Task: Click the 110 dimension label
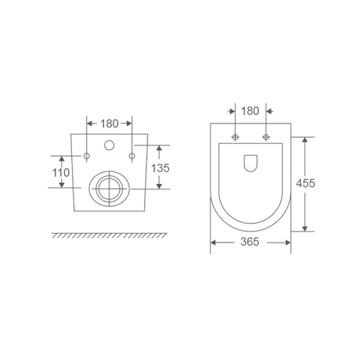point(61,173)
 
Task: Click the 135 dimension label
point(160,168)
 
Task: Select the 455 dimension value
point(306,183)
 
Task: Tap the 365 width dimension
point(250,242)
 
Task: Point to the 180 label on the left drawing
point(109,124)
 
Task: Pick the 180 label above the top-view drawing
point(250,111)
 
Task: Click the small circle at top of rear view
point(109,145)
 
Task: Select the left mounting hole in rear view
point(86,156)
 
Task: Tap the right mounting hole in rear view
point(132,156)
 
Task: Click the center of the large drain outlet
point(109,189)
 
